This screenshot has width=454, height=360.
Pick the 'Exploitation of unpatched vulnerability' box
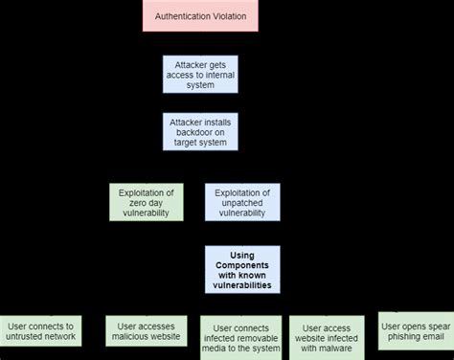tap(242, 202)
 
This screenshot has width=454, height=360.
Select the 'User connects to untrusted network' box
tap(40, 331)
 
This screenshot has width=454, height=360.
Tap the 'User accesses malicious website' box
tap(141, 331)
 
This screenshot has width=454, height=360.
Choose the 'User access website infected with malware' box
tap(327, 336)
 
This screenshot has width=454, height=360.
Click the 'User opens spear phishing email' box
tap(415, 330)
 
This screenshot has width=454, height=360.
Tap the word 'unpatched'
tap(242, 202)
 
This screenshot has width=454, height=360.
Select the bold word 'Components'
tap(242, 264)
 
